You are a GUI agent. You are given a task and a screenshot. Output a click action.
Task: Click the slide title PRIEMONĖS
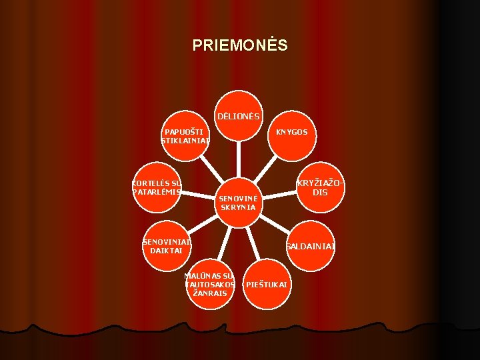(240, 45)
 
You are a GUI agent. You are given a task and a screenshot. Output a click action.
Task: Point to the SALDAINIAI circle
(310, 246)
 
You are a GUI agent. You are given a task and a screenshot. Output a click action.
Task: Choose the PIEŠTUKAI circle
(266, 285)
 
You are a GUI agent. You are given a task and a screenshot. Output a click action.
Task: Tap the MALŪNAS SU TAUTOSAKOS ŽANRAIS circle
(210, 284)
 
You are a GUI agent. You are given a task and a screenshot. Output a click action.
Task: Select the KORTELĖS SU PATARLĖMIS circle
(157, 187)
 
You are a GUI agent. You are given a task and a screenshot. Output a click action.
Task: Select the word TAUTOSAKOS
(210, 285)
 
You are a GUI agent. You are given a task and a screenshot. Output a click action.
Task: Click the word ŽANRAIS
(210, 293)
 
